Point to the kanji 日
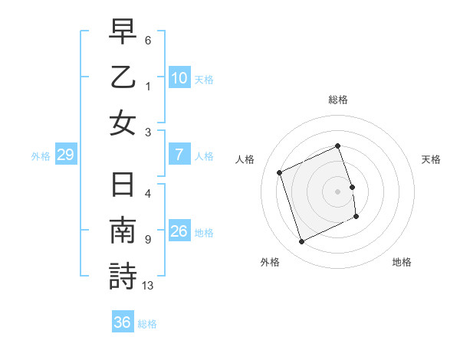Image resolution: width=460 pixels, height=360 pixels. click(123, 185)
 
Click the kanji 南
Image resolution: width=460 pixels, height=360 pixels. click(123, 231)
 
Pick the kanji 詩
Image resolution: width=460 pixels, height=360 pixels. click(123, 276)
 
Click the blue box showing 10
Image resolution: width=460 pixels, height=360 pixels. click(179, 77)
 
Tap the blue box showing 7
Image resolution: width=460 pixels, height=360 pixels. click(179, 155)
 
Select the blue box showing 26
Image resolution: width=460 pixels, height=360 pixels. click(179, 231)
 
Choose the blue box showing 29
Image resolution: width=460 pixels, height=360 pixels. click(65, 155)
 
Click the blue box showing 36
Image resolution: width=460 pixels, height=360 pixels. click(122, 322)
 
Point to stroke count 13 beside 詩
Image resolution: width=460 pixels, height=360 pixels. click(148, 286)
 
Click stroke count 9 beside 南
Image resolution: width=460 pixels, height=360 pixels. click(147, 240)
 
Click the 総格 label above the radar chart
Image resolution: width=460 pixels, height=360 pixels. click(338, 100)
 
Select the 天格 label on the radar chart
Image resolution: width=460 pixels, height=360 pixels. click(431, 159)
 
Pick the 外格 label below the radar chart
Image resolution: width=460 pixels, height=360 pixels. click(270, 263)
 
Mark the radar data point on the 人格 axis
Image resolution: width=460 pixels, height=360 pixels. click(280, 172)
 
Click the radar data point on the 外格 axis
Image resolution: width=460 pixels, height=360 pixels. click(301, 242)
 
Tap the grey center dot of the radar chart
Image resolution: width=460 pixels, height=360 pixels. click(338, 191)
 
